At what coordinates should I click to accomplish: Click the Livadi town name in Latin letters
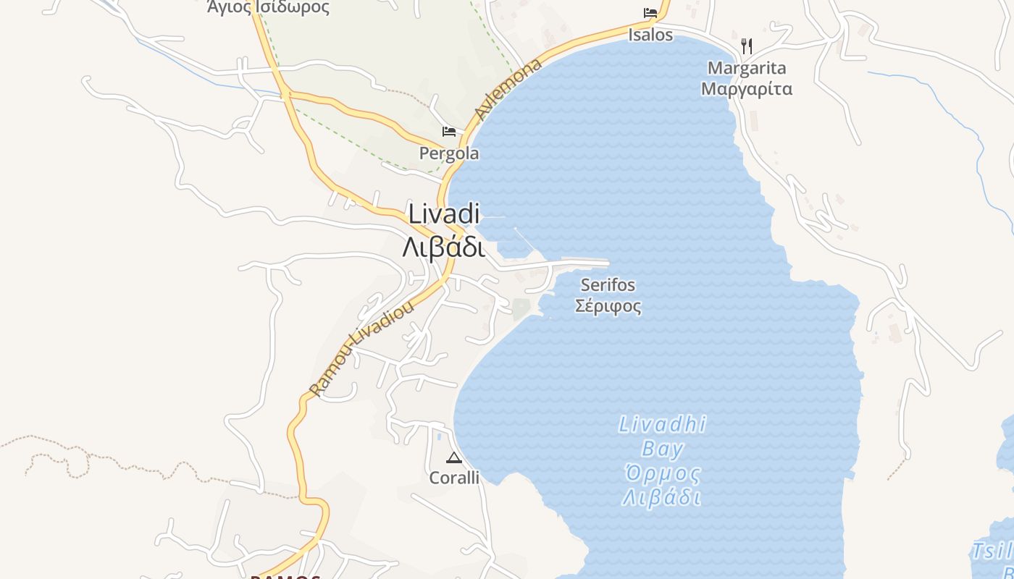(x=444, y=214)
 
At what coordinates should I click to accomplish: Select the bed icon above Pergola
(x=449, y=131)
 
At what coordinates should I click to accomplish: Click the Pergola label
(x=449, y=153)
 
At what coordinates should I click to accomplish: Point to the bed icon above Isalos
(x=650, y=13)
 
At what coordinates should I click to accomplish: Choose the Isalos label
(x=650, y=35)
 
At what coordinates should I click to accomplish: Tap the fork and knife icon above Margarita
(x=747, y=46)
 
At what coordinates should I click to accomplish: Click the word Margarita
(x=747, y=68)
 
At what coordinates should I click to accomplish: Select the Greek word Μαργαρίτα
(x=747, y=90)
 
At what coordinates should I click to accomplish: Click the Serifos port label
(x=608, y=284)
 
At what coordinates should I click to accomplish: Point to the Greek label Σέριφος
(x=608, y=306)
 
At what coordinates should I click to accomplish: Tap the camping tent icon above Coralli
(x=454, y=457)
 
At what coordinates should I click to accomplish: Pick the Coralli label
(x=454, y=478)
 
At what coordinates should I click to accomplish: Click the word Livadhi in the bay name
(x=662, y=424)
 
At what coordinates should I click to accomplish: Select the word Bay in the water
(x=662, y=449)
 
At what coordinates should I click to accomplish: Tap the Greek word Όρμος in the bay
(x=662, y=474)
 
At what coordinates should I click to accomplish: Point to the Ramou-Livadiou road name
(x=361, y=348)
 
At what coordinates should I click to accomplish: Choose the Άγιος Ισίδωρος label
(x=268, y=8)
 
